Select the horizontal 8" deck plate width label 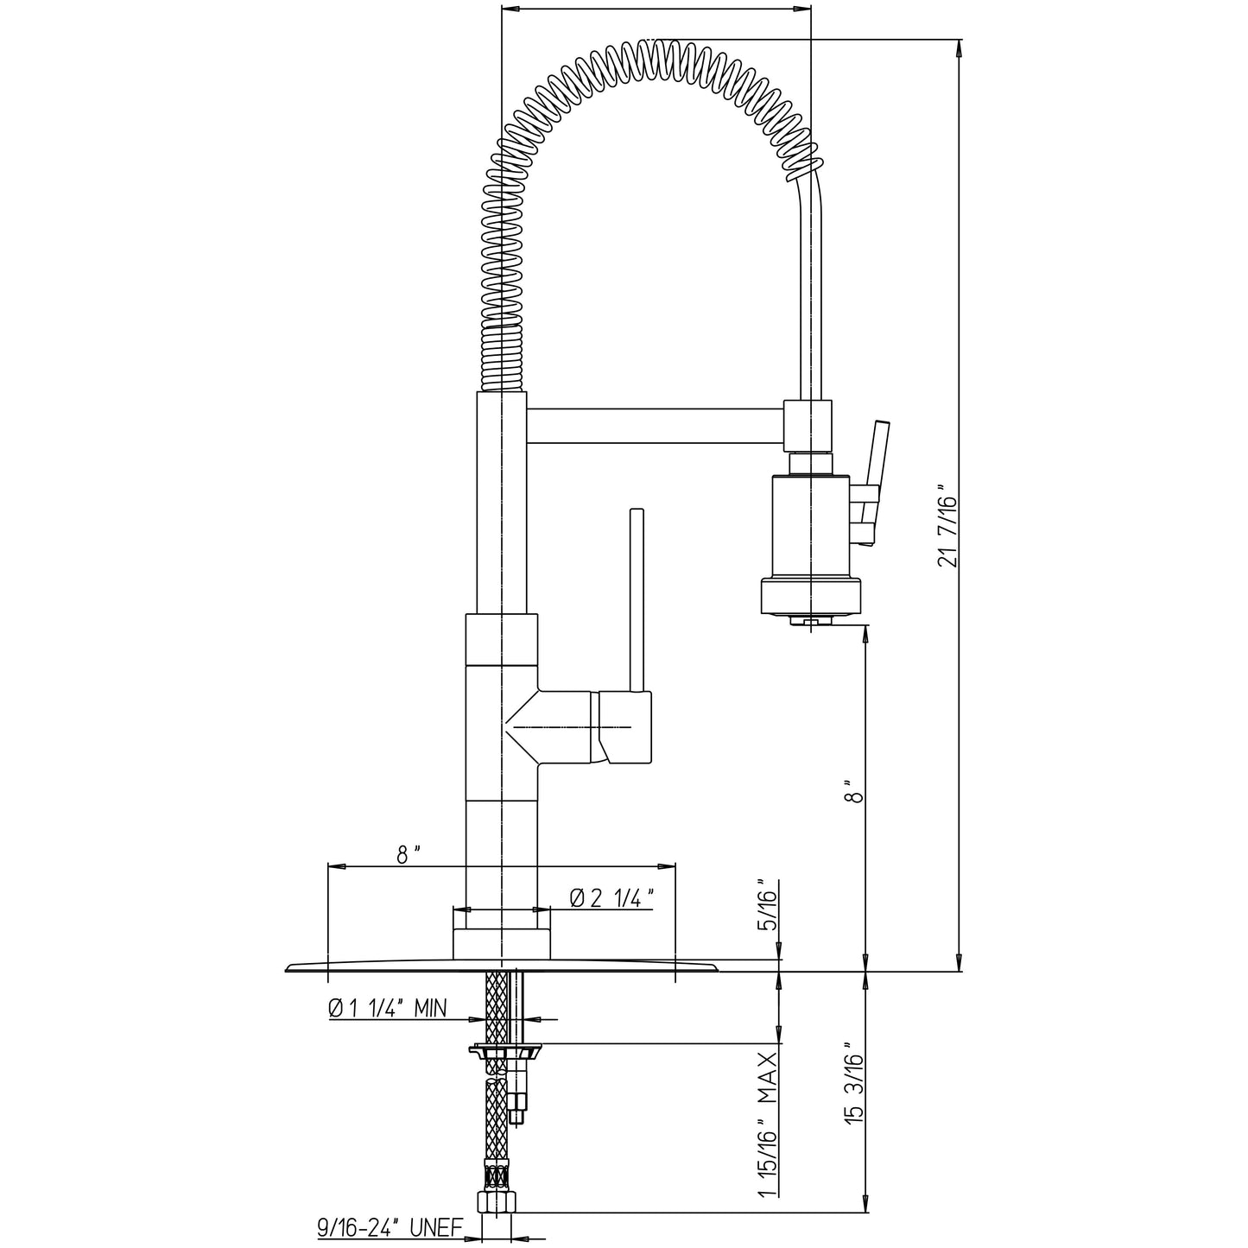pyautogui.click(x=409, y=854)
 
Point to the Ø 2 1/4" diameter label pyautogui.click(x=610, y=898)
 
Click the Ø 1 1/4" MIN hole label pyautogui.click(x=387, y=1007)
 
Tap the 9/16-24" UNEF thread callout pyautogui.click(x=390, y=1227)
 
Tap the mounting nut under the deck pyautogui.click(x=505, y=1051)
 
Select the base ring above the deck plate pyautogui.click(x=502, y=944)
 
